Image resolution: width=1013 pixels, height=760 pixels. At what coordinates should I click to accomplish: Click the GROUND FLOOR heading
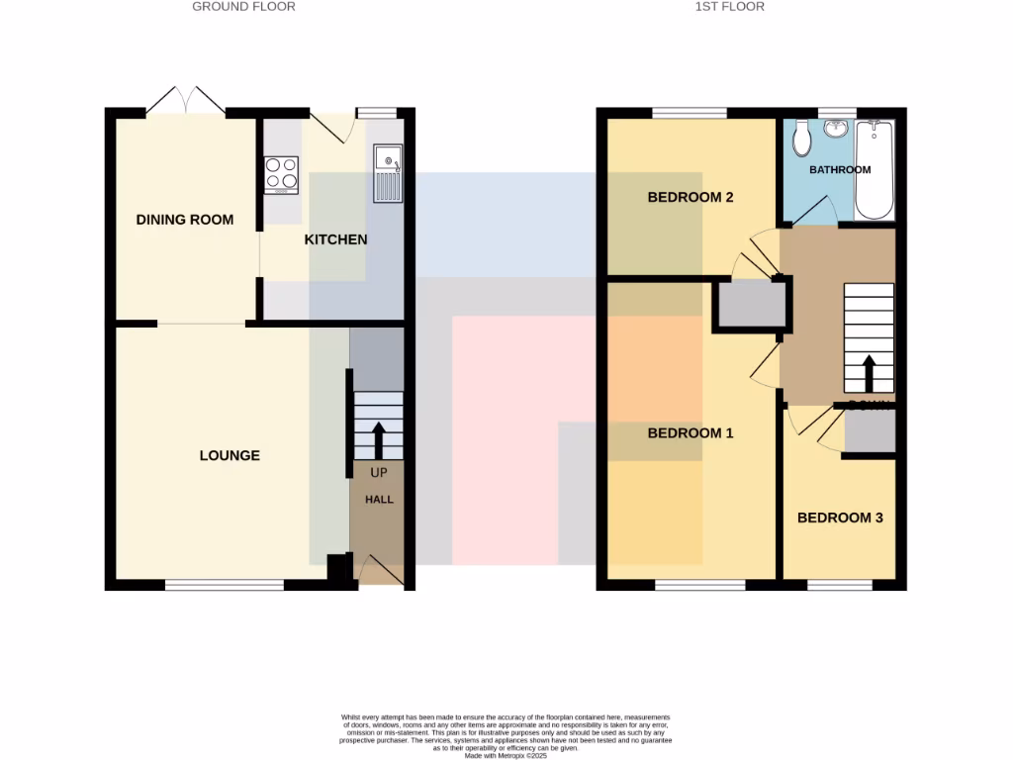coord(243,6)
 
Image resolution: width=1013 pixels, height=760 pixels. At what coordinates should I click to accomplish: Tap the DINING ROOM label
coord(185,219)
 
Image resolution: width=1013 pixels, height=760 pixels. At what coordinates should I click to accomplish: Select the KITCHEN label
coord(335,239)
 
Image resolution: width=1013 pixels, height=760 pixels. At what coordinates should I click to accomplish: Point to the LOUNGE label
coord(230,455)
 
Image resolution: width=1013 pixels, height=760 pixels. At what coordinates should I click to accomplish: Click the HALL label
coord(379,500)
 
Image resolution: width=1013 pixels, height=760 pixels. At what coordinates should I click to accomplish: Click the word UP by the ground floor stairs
coord(379,473)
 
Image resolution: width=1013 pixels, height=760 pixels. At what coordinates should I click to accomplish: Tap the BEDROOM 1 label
coord(691,433)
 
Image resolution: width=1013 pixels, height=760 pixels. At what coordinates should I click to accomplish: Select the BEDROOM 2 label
coord(691,197)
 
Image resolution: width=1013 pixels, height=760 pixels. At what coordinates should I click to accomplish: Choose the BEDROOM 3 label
coord(840,518)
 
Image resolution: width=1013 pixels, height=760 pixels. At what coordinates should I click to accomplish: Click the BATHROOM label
coord(840,170)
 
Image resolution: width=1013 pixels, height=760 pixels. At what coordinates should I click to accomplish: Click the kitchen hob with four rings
coord(281,175)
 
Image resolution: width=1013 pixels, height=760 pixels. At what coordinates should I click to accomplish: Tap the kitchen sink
coord(387,173)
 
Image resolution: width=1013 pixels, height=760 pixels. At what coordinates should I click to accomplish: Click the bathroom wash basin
coord(838,128)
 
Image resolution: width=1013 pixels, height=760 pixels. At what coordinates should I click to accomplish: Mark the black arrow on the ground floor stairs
coord(378,440)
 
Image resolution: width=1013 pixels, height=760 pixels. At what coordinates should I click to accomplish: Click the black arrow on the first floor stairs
coord(869,374)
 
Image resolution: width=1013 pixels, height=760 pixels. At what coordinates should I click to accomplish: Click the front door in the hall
coord(380,572)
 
